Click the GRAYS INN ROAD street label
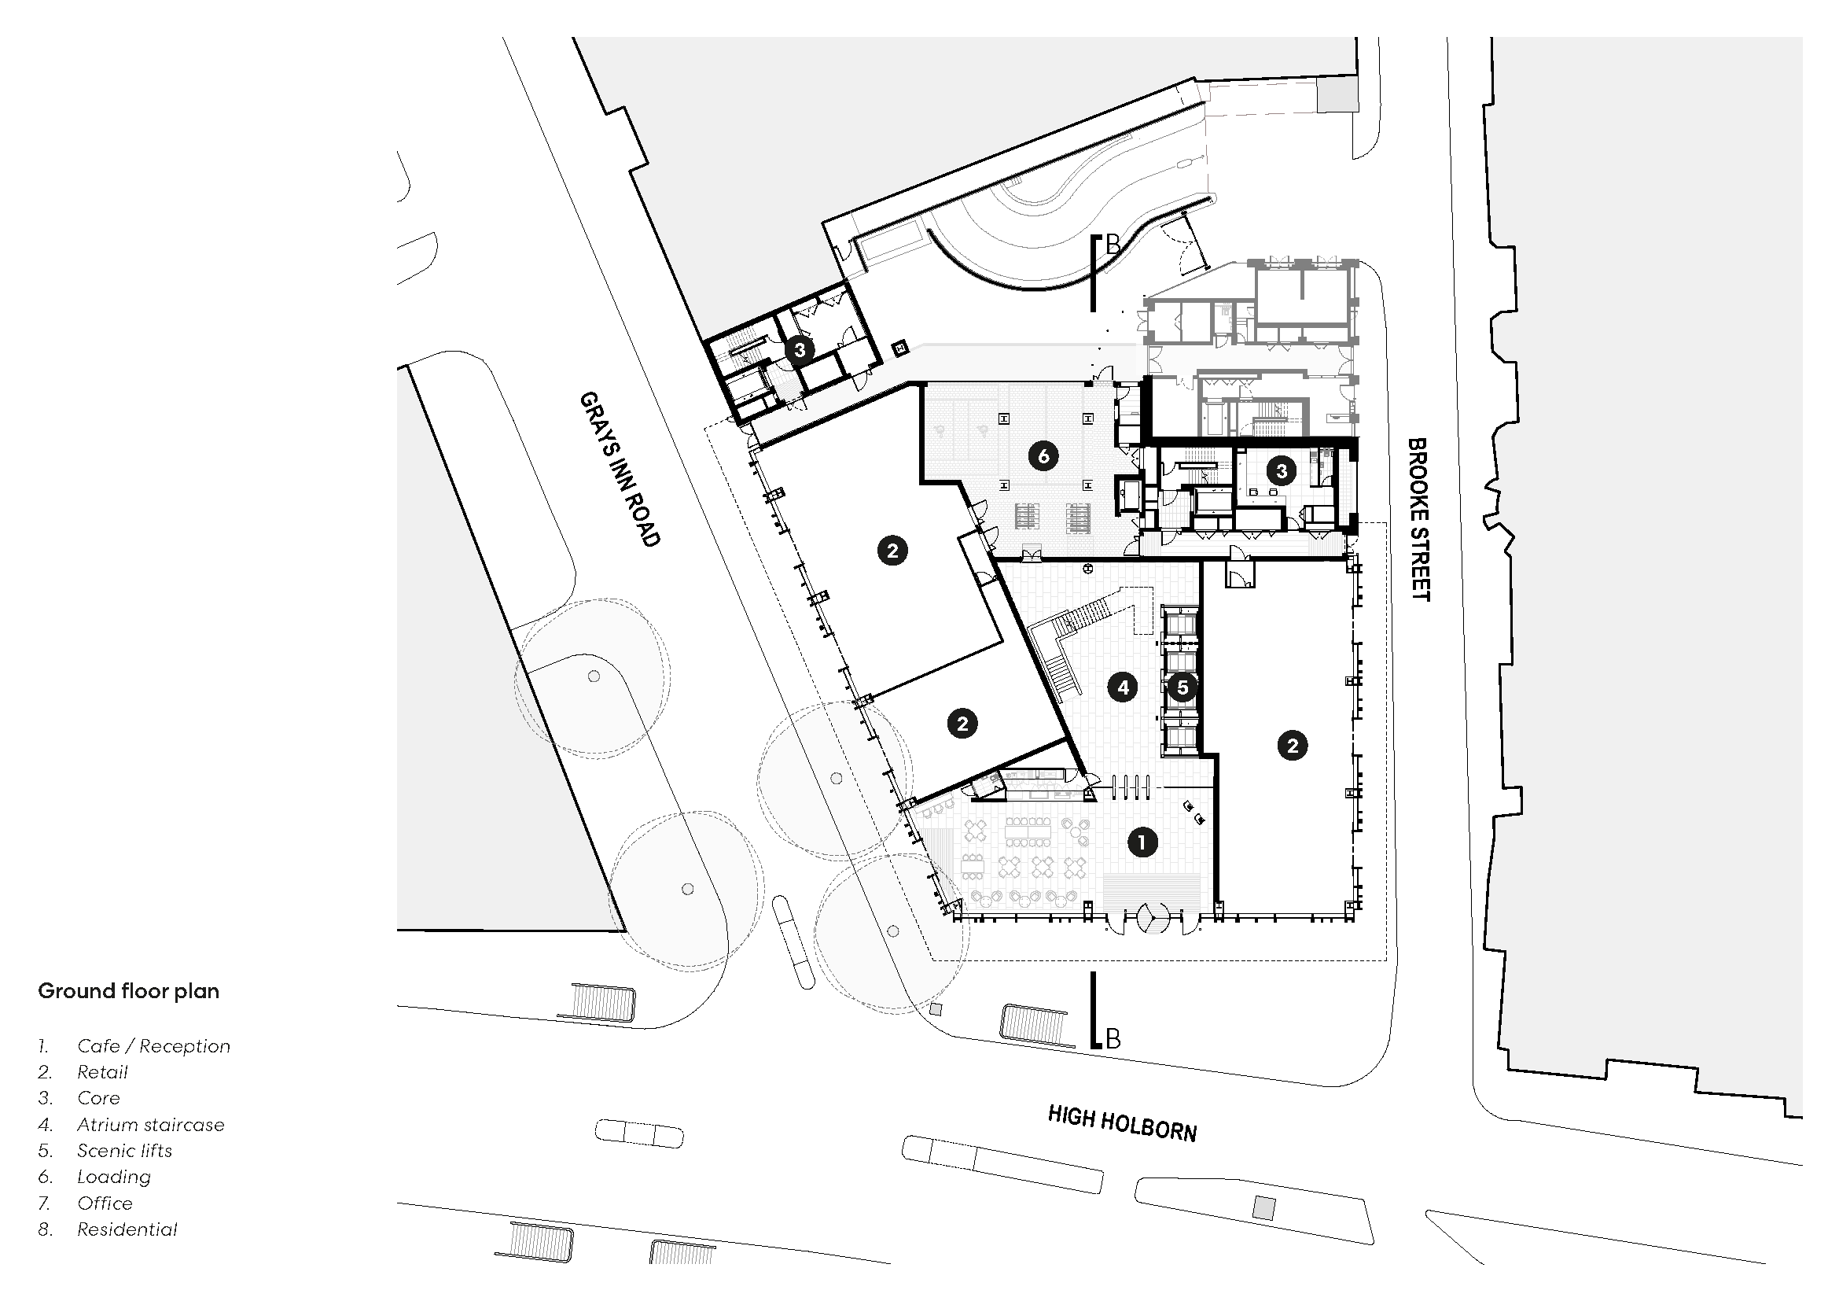(620, 470)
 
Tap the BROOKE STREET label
(1418, 519)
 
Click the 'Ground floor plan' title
(129, 991)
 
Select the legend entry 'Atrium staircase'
(151, 1125)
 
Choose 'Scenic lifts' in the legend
(125, 1151)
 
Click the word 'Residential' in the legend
(127, 1229)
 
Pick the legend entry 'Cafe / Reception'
(154, 1046)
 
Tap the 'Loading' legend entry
(114, 1177)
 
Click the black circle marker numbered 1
(1142, 842)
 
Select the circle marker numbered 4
(1123, 687)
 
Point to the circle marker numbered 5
(1182, 687)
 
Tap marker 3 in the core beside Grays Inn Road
(800, 349)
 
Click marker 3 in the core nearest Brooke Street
(1282, 470)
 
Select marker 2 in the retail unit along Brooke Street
(1293, 746)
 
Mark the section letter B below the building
(1113, 1039)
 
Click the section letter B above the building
(1113, 246)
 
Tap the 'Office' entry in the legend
(105, 1203)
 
